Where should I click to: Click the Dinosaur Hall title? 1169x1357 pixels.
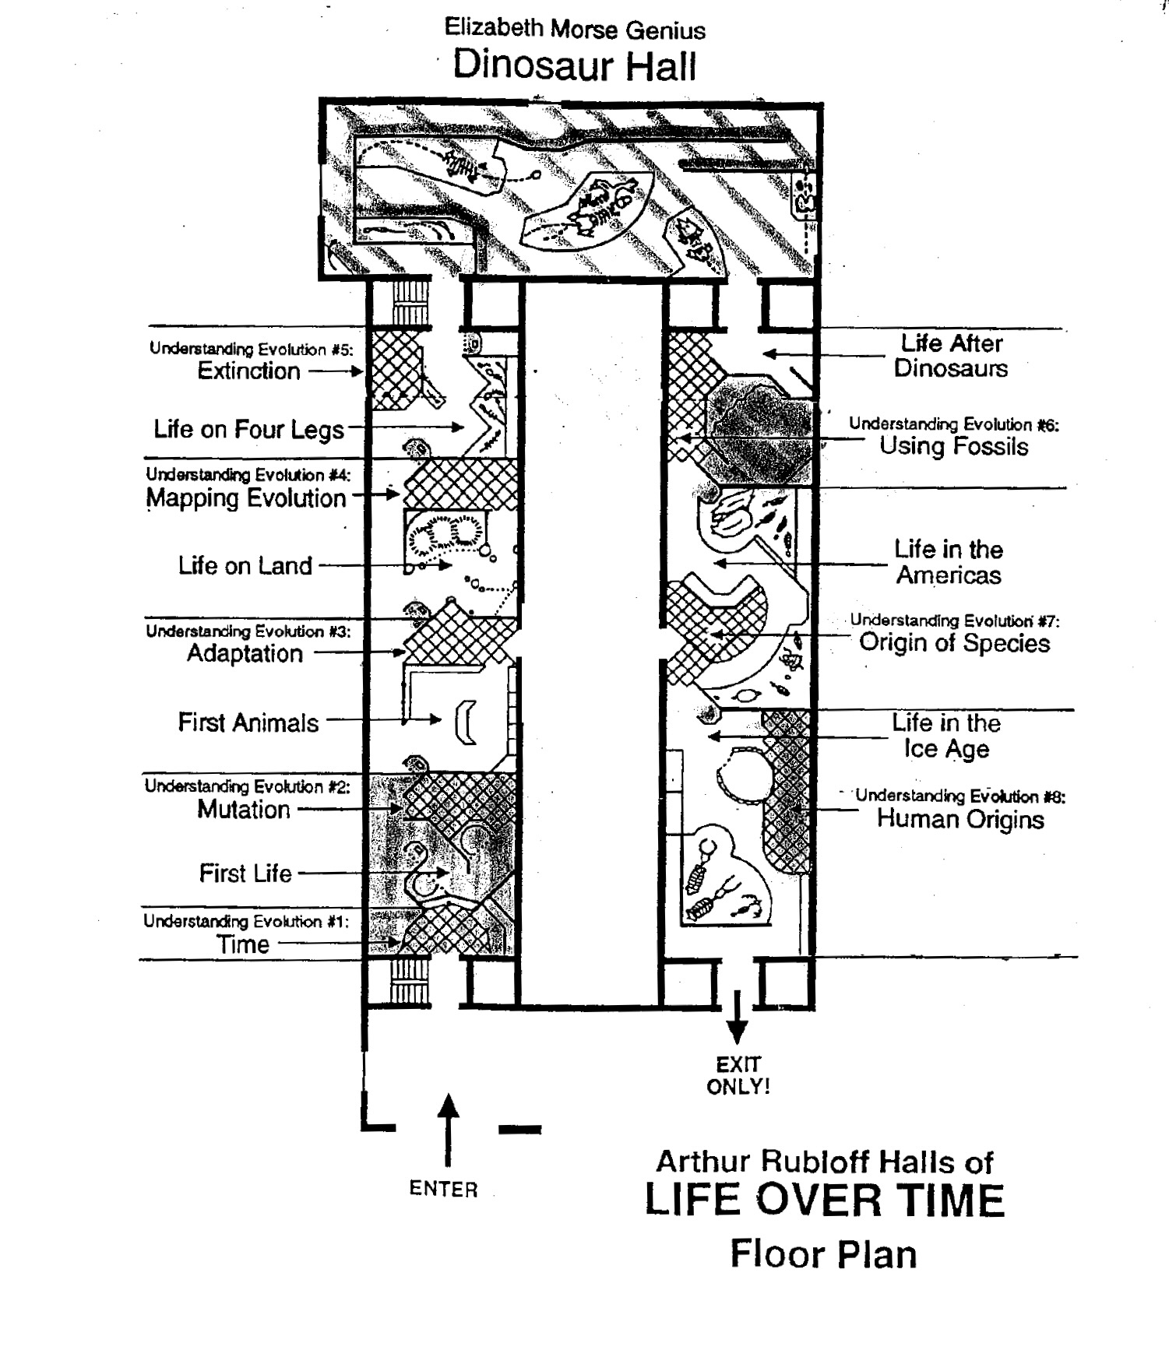point(575,65)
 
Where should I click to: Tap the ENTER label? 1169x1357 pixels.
point(443,1189)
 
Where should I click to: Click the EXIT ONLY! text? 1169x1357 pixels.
point(738,1075)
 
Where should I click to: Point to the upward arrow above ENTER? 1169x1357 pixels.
point(447,1129)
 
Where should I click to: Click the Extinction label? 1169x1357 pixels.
point(248,371)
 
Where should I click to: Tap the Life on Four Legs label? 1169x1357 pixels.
point(248,429)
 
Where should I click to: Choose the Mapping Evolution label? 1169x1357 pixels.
point(246,498)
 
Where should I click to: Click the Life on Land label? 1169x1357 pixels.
point(245,565)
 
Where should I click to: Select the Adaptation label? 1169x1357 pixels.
point(245,653)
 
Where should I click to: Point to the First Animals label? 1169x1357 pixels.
point(248,722)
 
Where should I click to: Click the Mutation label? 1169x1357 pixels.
point(243,810)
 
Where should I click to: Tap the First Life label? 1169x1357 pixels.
point(245,874)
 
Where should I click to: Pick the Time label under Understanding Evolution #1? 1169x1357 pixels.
point(243,944)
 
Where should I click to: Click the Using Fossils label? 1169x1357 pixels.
point(954,446)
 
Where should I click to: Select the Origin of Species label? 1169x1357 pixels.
point(954,643)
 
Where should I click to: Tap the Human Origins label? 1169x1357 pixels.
point(960,819)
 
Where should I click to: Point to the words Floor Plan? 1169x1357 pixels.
point(823,1254)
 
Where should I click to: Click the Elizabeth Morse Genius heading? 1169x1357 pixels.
point(575,30)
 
